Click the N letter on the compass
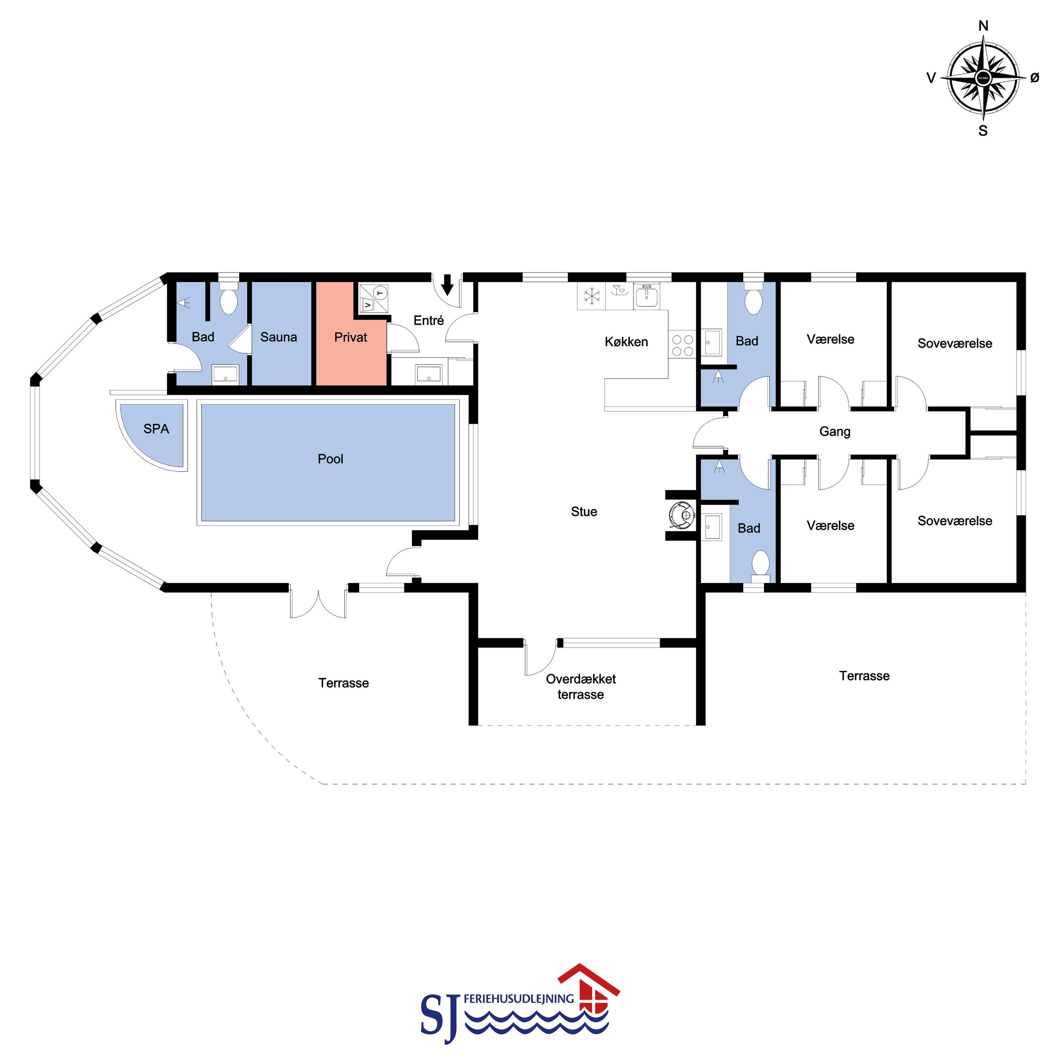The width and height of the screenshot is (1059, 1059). [x=983, y=26]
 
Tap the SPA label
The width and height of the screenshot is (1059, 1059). [x=156, y=429]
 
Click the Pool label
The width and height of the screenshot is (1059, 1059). [x=330, y=459]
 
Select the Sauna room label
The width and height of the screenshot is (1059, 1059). [x=278, y=337]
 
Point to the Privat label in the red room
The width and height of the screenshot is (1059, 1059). [x=351, y=337]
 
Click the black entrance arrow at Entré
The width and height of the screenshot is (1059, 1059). [x=447, y=284]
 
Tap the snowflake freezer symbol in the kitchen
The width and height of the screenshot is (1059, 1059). [x=591, y=296]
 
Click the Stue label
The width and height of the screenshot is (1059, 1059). [x=584, y=511]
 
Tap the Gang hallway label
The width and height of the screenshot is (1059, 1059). [x=835, y=432]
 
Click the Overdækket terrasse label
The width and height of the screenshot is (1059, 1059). [x=581, y=687]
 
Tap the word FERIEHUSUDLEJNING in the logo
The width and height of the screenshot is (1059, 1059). [x=518, y=999]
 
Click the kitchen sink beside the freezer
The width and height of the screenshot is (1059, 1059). [x=647, y=296]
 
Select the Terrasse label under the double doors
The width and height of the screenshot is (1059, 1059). [x=344, y=683]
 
